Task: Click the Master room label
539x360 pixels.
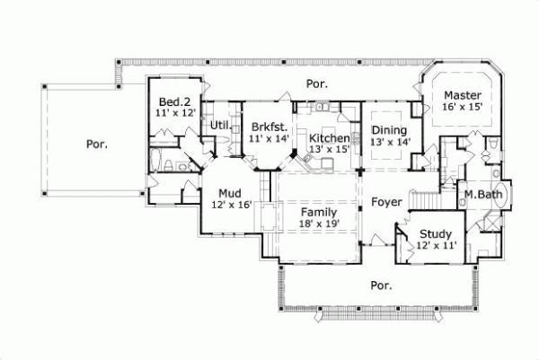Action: (463, 95)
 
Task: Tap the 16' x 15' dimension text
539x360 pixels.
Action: (463, 107)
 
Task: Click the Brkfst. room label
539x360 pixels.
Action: (269, 127)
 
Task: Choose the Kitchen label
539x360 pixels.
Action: (329, 137)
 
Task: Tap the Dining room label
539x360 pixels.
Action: (390, 129)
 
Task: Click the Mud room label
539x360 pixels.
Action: (230, 192)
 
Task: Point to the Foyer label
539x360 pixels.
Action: (386, 202)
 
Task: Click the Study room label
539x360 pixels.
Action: (435, 233)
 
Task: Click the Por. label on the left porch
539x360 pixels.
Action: (97, 143)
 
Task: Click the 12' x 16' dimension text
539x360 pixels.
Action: (231, 204)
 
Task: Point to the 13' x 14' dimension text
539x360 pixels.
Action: (390, 141)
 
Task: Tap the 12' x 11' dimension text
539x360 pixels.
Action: (436, 244)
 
